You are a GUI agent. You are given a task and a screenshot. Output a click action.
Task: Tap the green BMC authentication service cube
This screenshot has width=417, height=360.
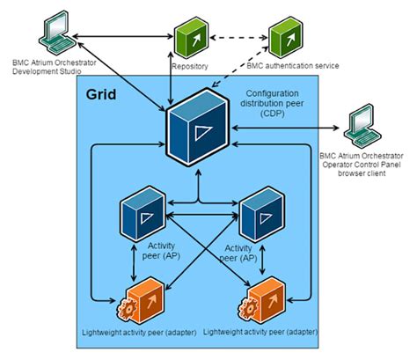287,37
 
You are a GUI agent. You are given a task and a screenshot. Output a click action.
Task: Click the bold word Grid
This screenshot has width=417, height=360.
104,95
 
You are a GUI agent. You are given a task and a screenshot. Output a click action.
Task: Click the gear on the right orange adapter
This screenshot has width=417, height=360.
243,309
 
